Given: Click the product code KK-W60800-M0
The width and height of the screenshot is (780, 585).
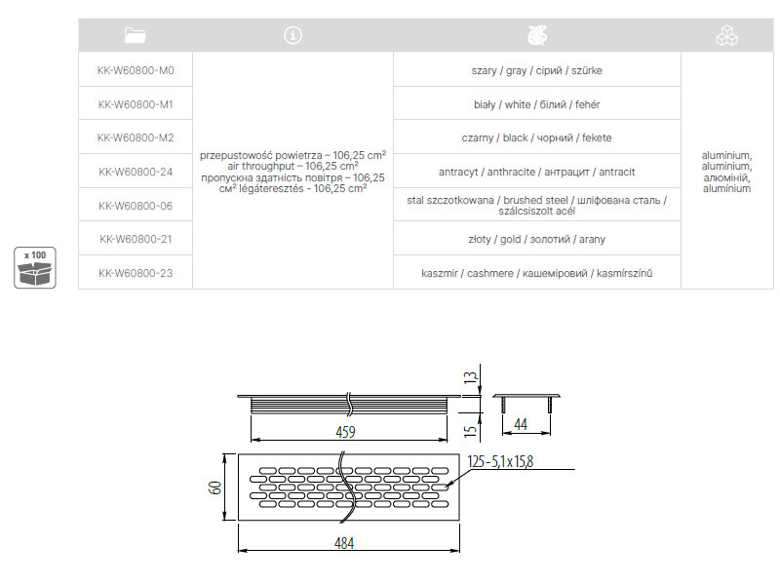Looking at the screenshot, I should point(136,70).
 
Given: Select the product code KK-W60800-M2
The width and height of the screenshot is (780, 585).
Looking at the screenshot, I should point(136,137).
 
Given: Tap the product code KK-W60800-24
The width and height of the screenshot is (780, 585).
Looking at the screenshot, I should point(136,172).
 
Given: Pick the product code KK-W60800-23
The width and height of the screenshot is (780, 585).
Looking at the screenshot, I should point(136,273).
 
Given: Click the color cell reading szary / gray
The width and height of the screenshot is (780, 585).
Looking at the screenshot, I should point(535,70).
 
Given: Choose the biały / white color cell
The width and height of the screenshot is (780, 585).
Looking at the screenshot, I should point(535,103).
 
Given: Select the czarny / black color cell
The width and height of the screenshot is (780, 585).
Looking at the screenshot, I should point(535,137).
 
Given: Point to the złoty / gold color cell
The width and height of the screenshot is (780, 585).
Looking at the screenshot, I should point(535,239).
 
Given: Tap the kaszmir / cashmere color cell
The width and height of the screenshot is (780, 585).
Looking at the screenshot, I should point(535,273).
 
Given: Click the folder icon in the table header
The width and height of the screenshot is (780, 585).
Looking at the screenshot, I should point(136,36).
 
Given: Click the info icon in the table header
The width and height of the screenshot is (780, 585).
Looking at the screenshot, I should point(292,36).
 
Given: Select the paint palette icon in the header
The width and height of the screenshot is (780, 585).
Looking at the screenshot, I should point(535,36).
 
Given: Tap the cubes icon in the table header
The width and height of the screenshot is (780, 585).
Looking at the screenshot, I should point(726,36).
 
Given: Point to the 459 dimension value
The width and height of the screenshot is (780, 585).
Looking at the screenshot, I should point(346,431).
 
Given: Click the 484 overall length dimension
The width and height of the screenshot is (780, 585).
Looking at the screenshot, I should point(346,542).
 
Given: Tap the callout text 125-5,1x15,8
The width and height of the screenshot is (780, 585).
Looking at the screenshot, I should point(500,461).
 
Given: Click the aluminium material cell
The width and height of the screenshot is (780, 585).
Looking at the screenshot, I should point(726,172).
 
